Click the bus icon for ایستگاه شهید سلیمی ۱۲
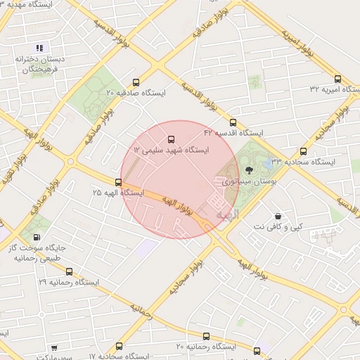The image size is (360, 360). coord(171,139)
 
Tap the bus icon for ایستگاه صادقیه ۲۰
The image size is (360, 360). coord(136,81)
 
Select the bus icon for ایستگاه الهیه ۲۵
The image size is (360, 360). coord(117,182)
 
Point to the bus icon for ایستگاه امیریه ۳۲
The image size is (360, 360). coord(337,79)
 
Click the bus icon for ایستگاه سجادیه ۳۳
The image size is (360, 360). coord(304,150)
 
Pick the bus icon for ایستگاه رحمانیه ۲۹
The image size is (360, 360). coord(68,271)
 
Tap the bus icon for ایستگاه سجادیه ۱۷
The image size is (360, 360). coord(119,346)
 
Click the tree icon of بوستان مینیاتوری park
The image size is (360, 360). coord(248,169)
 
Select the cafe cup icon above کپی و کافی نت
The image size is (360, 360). coord(278,216)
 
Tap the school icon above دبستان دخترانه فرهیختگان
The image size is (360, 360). coord(40,49)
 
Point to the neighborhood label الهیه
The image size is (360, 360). coord(228,212)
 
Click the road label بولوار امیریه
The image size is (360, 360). coord(297,42)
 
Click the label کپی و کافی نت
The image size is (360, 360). coord(278,227)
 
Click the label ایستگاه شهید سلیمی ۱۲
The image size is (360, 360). coord(172,150)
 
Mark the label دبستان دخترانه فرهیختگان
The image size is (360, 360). coord(41,64)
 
